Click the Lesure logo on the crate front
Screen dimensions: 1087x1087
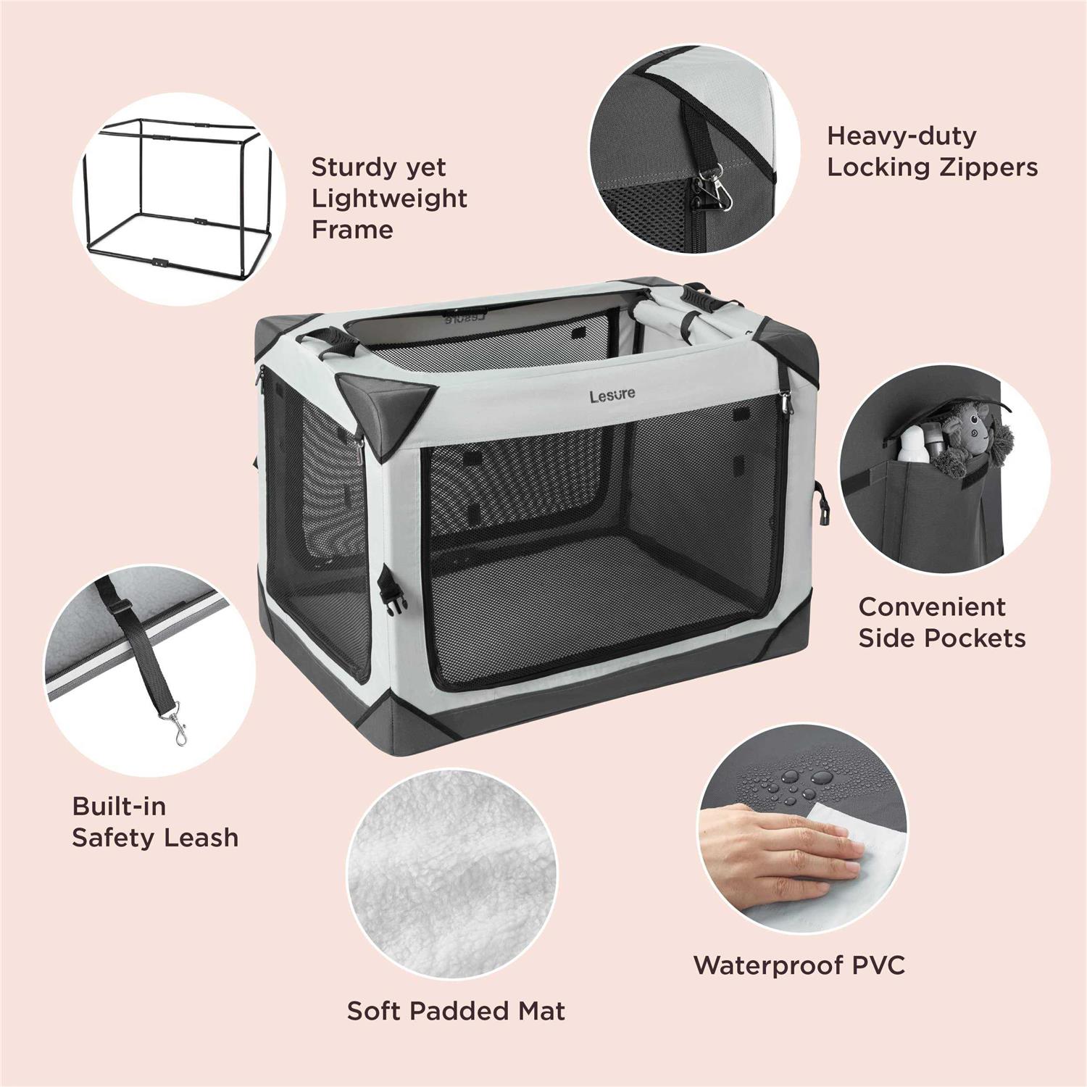coord(612,395)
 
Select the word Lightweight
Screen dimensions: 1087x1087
coord(389,199)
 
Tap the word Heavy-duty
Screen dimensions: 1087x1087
coord(901,136)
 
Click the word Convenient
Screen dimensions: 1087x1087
coord(931,607)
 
